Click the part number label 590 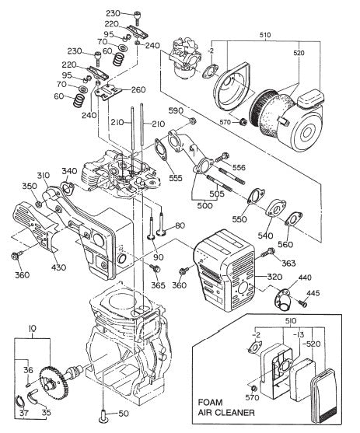click(x=176, y=112)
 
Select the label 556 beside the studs click(x=239, y=167)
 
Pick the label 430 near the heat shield click(x=59, y=268)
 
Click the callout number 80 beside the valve click(x=180, y=226)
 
